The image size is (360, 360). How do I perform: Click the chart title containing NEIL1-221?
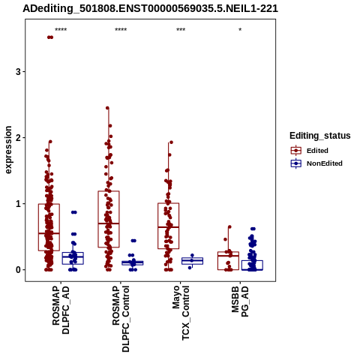150,8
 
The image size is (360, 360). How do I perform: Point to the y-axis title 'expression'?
8,150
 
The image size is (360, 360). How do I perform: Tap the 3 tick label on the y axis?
19,72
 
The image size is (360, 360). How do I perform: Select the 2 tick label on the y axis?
19,138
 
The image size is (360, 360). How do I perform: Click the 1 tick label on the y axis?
19,204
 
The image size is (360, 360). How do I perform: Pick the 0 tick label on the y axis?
19,270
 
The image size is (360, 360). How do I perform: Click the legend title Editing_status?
320,136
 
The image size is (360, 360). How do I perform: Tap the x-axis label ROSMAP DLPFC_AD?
61,310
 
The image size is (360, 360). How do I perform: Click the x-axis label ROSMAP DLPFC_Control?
121,319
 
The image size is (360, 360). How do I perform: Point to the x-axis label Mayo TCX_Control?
181,313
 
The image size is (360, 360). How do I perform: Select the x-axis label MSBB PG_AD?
240,301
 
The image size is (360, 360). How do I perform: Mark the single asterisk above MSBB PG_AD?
240,30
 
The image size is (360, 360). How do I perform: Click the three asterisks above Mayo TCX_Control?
181,30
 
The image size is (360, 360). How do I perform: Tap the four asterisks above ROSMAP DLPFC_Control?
121,30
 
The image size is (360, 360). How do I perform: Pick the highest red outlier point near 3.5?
50,37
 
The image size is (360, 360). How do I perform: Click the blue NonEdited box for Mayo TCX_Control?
192,261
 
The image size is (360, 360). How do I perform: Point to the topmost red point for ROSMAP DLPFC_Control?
107,108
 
